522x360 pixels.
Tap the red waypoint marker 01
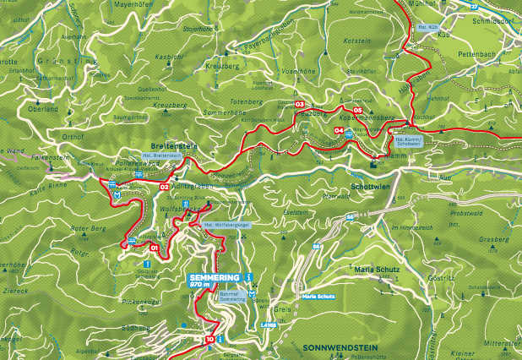154,248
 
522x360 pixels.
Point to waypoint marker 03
299,104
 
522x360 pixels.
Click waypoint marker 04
339,130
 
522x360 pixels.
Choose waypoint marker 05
358,111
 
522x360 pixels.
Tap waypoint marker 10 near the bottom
209,339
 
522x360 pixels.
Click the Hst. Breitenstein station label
161,155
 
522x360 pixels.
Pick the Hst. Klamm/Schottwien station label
408,142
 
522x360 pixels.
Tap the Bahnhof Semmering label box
232,297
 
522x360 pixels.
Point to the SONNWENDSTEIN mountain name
335,347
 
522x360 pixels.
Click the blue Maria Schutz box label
319,297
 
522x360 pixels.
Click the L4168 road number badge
269,324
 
